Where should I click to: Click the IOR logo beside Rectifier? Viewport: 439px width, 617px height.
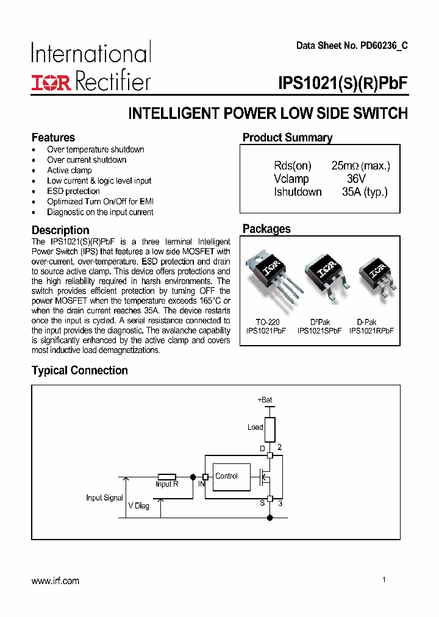51,82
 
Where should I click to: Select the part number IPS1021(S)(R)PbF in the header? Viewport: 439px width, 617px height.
342,83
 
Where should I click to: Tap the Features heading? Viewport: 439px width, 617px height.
53,137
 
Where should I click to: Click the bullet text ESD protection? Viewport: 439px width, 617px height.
73,191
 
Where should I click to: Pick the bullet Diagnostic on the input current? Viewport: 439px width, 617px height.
100,212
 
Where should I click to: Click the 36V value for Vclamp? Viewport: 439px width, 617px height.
355,179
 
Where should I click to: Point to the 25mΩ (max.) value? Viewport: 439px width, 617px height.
360,166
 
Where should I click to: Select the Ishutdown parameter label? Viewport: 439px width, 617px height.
298,192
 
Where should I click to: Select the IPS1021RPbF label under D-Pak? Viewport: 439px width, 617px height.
371,331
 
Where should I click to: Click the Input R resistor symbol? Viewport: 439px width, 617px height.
166,477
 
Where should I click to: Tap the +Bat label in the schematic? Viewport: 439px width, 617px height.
265,400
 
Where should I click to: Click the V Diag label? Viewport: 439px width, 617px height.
138,506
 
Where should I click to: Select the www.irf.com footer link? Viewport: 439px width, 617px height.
55,581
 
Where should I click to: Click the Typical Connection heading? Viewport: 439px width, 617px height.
80,371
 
